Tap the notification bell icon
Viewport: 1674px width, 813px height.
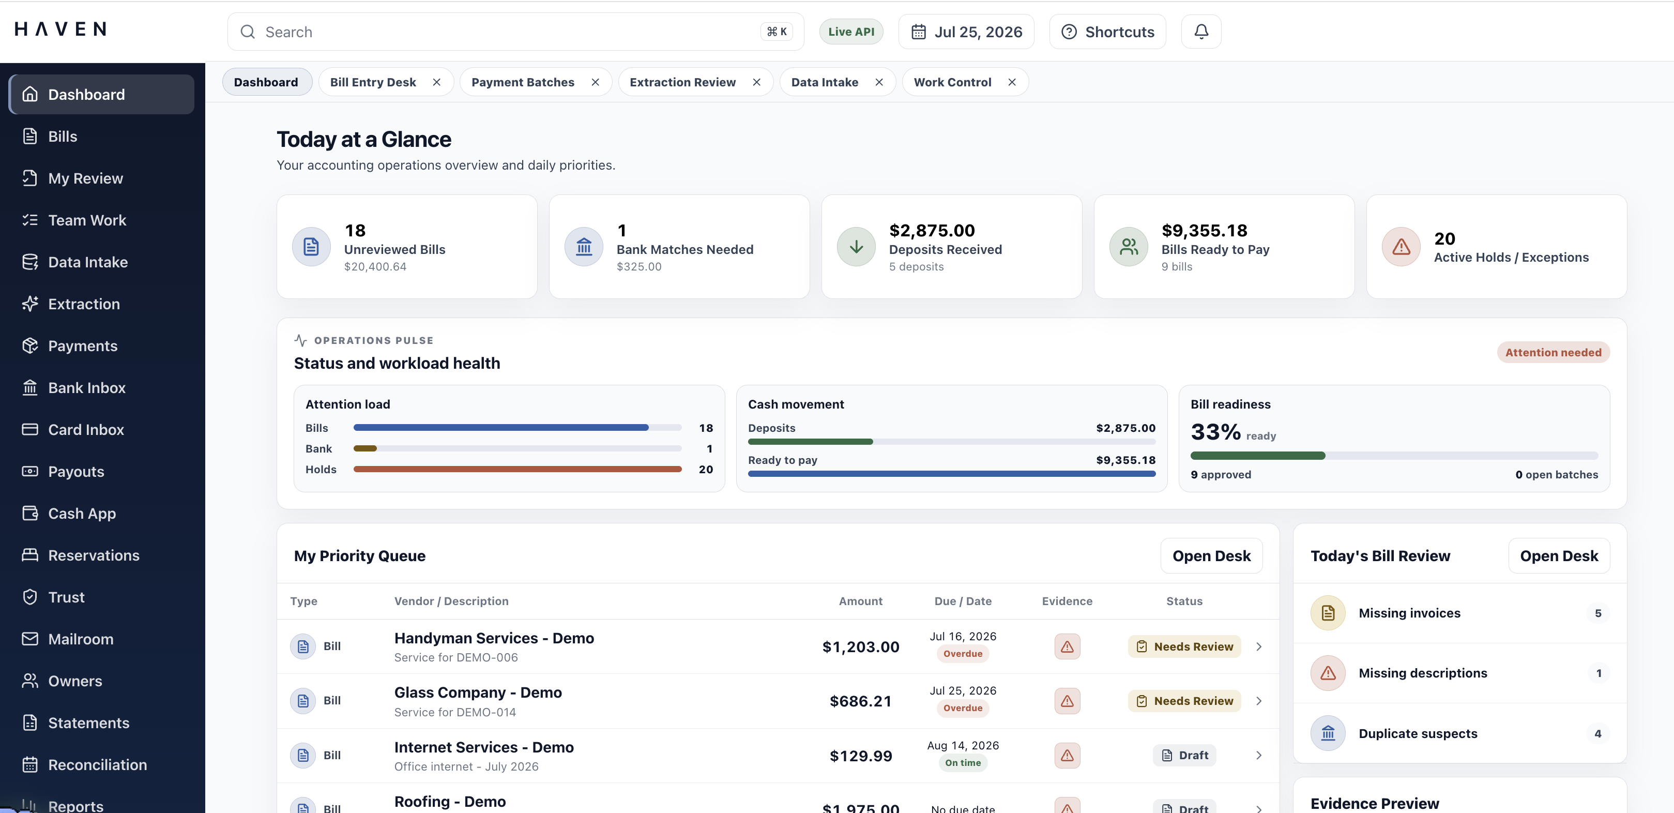pyautogui.click(x=1201, y=32)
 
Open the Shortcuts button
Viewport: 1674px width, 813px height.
pyautogui.click(x=1107, y=32)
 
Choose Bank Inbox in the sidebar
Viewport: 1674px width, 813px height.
pyautogui.click(x=86, y=388)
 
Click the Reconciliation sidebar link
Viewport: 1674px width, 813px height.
pyautogui.click(x=98, y=765)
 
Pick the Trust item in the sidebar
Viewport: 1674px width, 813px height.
pyautogui.click(x=66, y=597)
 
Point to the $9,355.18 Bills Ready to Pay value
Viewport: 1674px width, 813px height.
pyautogui.click(x=1204, y=231)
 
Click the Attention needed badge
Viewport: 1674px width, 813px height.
pyautogui.click(x=1553, y=352)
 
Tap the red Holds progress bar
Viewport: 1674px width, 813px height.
pyautogui.click(x=518, y=469)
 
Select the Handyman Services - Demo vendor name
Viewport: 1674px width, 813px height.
pyautogui.click(x=494, y=638)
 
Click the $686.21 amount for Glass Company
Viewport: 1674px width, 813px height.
pyautogui.click(x=860, y=701)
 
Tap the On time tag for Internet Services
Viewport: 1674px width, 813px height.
pyautogui.click(x=963, y=763)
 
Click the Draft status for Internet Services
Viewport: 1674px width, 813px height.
pyautogui.click(x=1184, y=755)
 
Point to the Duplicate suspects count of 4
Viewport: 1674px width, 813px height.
pyautogui.click(x=1598, y=734)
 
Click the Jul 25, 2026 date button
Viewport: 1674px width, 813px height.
pyautogui.click(x=966, y=32)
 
